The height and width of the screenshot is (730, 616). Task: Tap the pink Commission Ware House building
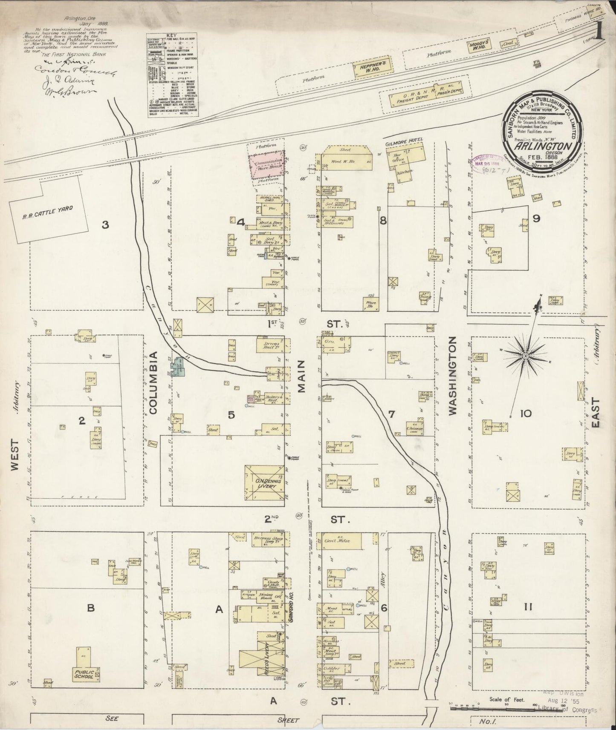pyautogui.click(x=266, y=165)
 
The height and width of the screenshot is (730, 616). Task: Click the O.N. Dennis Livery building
pyautogui.click(x=264, y=483)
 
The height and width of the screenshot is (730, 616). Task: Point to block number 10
pyautogui.click(x=526, y=413)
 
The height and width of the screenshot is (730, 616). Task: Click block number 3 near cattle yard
pyautogui.click(x=105, y=224)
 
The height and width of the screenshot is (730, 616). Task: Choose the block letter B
pyautogui.click(x=90, y=608)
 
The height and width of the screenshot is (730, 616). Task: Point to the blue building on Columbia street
pyautogui.click(x=177, y=367)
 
